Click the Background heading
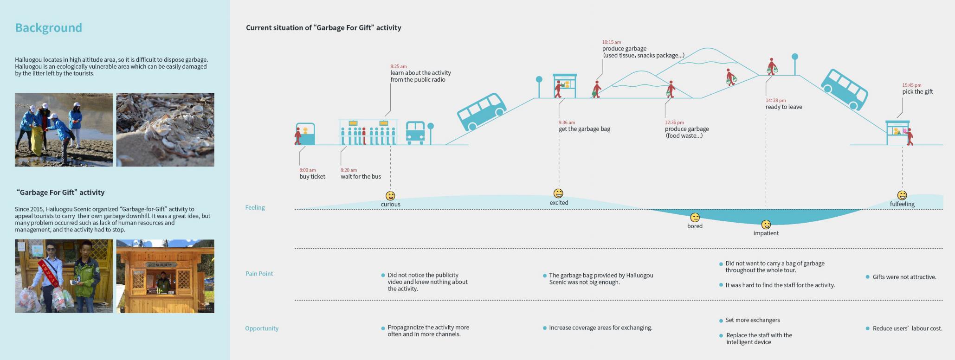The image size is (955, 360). (48, 28)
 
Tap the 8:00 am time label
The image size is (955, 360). (307, 170)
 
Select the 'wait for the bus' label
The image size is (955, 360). (361, 177)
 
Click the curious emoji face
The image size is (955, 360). (390, 196)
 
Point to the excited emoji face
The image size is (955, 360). (559, 193)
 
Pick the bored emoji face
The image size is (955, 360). (695, 218)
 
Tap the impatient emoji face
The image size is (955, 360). (766, 225)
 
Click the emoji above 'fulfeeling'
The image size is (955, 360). (902, 195)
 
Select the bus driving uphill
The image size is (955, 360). (481, 112)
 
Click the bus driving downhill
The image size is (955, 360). (845, 90)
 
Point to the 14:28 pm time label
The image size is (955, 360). (776, 100)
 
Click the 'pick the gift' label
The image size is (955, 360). (917, 92)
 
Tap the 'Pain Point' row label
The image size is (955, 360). (259, 274)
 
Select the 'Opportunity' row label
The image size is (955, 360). (262, 328)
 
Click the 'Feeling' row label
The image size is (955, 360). (255, 207)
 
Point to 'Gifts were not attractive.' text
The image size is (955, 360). (904, 277)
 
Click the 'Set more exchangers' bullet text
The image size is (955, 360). (752, 320)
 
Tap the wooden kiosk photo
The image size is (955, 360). (165, 276)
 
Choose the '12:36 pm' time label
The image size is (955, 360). (674, 122)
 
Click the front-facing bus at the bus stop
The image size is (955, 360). (415, 133)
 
